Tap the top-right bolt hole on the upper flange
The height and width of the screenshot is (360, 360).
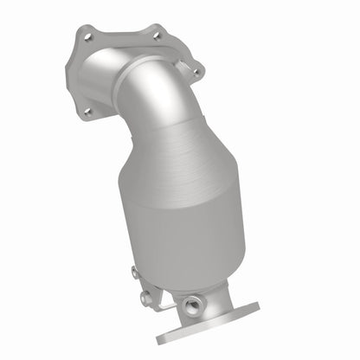coord(156,36)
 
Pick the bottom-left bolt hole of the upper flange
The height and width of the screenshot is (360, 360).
coord(86,111)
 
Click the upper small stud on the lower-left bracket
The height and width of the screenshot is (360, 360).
coord(135,273)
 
